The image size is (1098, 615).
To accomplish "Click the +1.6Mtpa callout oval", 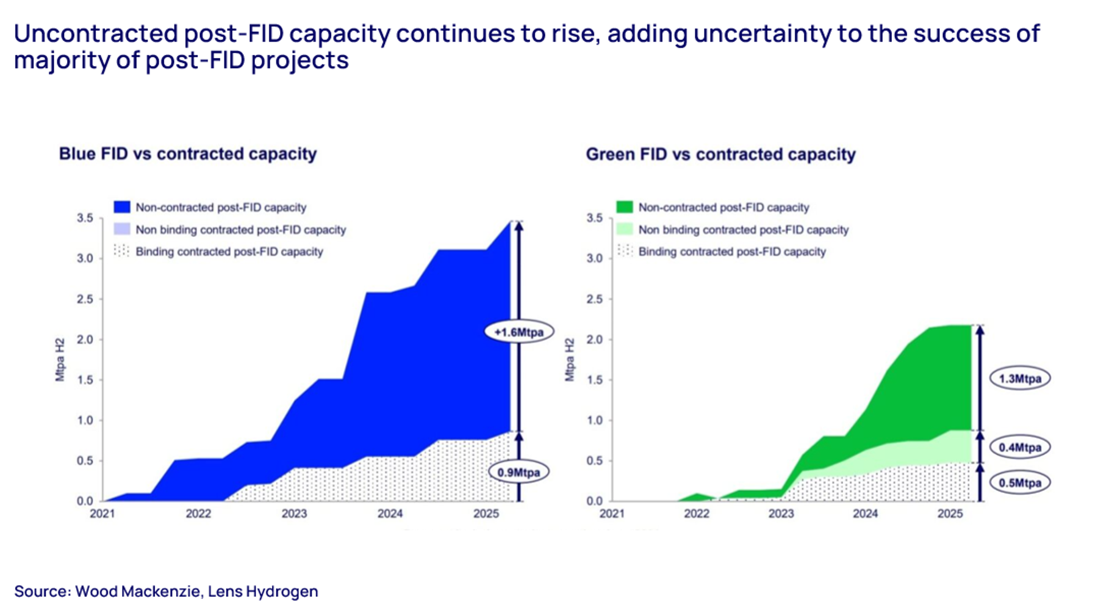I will click(518, 332).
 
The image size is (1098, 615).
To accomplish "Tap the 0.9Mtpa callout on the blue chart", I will click(518, 472).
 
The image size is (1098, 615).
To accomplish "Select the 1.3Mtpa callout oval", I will click(1019, 379).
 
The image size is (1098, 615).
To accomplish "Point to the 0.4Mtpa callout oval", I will click(1019, 447).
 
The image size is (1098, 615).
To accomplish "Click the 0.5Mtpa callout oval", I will click(1019, 483).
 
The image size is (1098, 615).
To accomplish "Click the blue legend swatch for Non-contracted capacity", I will click(122, 207).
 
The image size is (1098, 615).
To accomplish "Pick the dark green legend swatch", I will click(625, 207).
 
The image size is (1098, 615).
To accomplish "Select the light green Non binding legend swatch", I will click(625, 230).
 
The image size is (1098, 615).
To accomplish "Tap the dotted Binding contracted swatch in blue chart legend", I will click(122, 251).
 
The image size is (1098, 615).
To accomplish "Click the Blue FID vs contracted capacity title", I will click(188, 154).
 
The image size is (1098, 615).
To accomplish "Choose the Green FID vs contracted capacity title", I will click(720, 155).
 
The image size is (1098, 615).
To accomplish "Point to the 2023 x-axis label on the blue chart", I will click(294, 514).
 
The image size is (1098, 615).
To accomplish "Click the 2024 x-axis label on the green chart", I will click(865, 514).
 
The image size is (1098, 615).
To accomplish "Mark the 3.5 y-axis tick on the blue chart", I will click(85, 218).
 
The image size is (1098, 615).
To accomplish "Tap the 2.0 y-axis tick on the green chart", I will click(594, 340).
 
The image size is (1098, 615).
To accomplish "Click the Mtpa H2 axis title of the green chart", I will click(570, 360).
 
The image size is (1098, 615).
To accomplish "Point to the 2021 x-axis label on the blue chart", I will click(102, 514).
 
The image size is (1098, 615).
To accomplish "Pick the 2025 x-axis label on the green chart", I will click(950, 514).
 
